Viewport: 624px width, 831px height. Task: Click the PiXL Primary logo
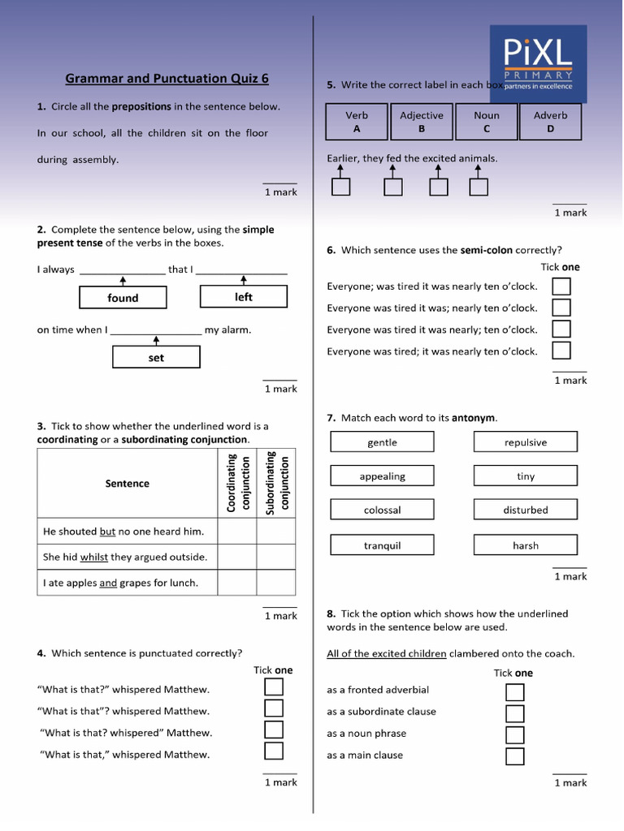[538, 63]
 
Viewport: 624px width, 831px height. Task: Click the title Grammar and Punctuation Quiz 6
[167, 79]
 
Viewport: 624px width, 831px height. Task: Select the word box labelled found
[123, 298]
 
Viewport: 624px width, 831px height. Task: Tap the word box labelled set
[156, 357]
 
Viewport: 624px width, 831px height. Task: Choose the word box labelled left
[244, 297]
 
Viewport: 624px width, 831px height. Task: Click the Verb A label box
[357, 122]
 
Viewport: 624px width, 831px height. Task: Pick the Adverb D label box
[550, 122]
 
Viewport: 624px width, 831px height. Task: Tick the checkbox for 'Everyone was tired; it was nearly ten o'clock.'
[561, 351]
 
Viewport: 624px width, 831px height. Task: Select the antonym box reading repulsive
[525, 442]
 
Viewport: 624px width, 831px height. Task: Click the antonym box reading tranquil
[382, 545]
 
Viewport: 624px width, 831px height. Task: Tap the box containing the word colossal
[382, 510]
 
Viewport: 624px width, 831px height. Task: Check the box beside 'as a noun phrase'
[514, 734]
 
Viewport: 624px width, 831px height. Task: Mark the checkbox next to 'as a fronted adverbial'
[514, 691]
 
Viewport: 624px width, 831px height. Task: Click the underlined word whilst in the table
[94, 558]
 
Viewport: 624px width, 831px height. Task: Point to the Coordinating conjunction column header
[236, 484]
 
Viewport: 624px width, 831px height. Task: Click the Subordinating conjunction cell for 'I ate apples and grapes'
[276, 583]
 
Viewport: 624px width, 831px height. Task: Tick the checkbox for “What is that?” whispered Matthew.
[274, 687]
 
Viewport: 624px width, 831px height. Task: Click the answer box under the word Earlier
[340, 187]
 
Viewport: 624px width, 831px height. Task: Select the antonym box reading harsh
[525, 545]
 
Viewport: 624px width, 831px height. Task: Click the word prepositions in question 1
[141, 106]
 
